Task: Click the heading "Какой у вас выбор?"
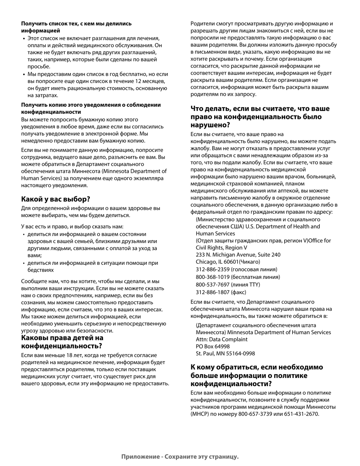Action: click(56, 199)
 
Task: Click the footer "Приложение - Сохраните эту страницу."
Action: click(180, 457)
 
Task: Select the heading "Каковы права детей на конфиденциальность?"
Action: click(62, 342)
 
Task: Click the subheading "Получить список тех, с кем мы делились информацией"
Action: click(76, 27)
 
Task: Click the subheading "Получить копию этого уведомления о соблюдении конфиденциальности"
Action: click(91, 108)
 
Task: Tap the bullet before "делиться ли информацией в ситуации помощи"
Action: click(23, 263)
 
